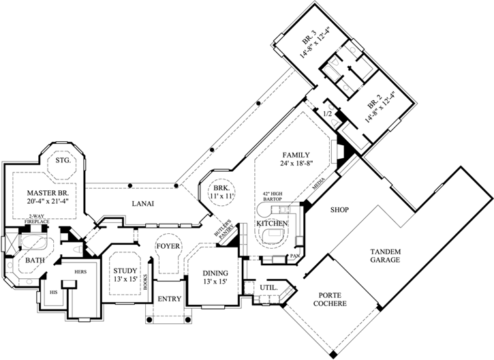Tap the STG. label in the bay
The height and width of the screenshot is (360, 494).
[x=63, y=160]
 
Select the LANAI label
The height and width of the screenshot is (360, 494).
[x=142, y=203]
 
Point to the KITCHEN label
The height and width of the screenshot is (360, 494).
[x=272, y=224]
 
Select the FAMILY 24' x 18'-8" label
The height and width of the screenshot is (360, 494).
[x=296, y=159]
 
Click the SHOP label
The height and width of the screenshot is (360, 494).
[x=339, y=209]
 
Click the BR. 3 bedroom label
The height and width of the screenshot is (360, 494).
[x=315, y=42]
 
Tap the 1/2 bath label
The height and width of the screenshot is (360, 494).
[x=326, y=113]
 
